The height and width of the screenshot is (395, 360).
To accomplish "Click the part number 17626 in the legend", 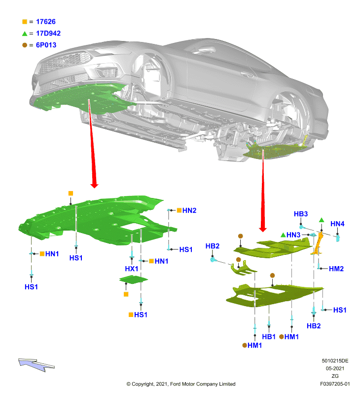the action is tap(46, 22).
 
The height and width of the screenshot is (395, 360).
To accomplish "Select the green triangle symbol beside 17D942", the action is tap(24, 34).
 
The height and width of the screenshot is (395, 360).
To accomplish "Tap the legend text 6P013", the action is tap(46, 45).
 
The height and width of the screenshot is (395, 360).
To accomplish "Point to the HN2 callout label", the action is tap(189, 210).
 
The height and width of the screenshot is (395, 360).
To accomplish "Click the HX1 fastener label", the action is tap(131, 269).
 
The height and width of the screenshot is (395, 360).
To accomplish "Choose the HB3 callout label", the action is tap(301, 214).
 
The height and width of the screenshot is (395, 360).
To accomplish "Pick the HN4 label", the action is tap(337, 224).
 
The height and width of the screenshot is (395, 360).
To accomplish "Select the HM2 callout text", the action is tap(336, 269).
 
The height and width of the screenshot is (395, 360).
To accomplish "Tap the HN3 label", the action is tap(293, 235).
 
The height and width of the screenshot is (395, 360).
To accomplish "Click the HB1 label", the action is tap(269, 337).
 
